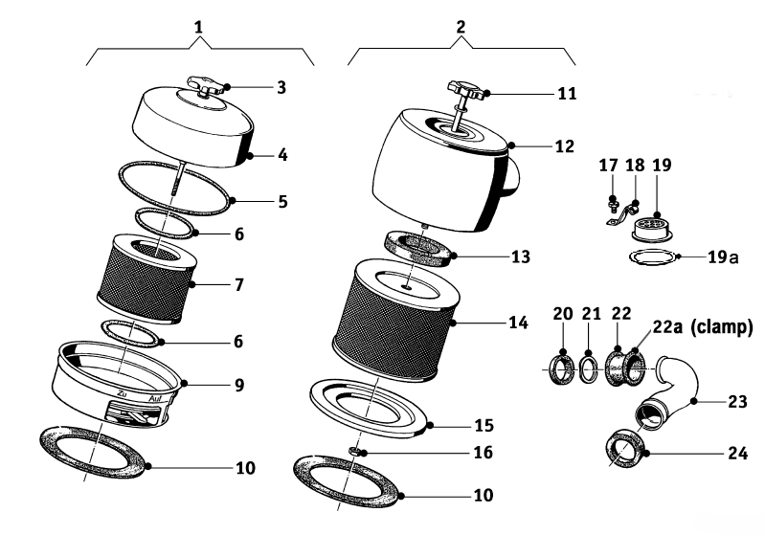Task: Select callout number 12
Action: pyautogui.click(x=565, y=146)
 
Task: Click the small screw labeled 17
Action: pyautogui.click(x=611, y=202)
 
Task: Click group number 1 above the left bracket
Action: pyautogui.click(x=198, y=28)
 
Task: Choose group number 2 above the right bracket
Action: pyautogui.click(x=461, y=28)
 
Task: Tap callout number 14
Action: pyautogui.click(x=518, y=323)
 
